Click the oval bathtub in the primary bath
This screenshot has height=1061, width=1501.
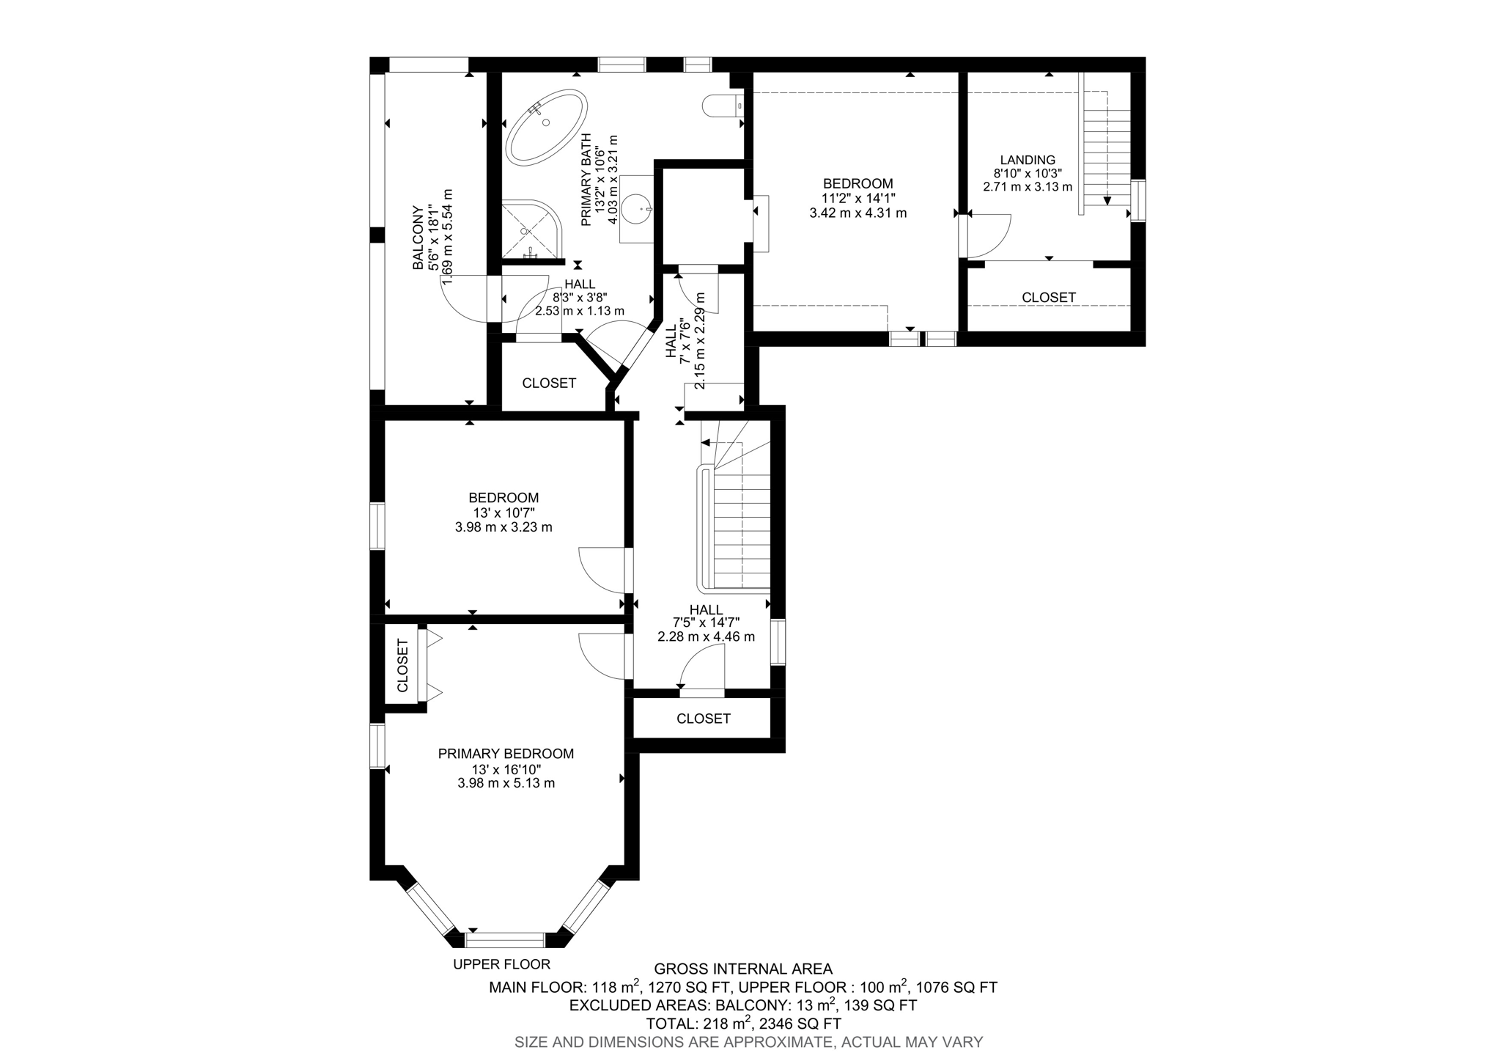coord(546,127)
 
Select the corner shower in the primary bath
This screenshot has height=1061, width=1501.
coord(530,230)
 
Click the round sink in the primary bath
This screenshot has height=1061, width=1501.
coord(636,208)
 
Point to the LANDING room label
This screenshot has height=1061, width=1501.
coord(1028,160)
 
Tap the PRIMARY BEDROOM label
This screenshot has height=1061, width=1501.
coord(506,754)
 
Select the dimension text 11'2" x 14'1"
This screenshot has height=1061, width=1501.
coord(858,198)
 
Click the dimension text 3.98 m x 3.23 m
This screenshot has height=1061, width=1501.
coord(504,527)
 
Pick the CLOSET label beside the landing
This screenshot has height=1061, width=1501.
coord(1048,298)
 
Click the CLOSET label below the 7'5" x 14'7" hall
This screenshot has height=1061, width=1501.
coord(703,719)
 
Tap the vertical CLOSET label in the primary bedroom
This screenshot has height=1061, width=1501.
coord(402,666)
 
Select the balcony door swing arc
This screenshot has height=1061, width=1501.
coord(462,301)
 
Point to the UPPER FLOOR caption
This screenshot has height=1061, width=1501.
coord(501,964)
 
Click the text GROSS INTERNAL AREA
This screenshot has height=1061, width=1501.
coord(742,969)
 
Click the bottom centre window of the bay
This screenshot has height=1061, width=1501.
coord(505,941)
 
